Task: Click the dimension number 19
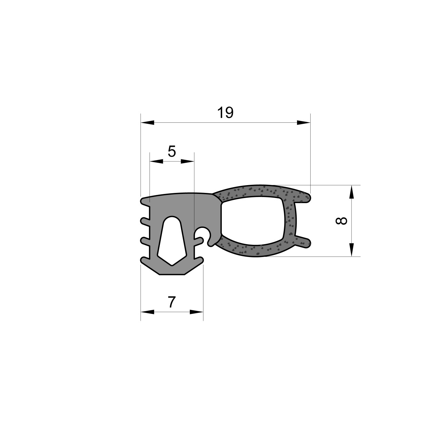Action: pyautogui.click(x=225, y=113)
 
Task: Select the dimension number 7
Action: pyautogui.click(x=172, y=302)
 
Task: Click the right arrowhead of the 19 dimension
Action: pyautogui.click(x=303, y=123)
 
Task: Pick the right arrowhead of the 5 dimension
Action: pyautogui.click(x=187, y=161)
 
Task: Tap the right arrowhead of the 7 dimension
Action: pyautogui.click(x=196, y=312)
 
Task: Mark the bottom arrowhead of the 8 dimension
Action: pyautogui.click(x=352, y=249)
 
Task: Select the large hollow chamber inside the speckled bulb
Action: pyautogui.click(x=253, y=220)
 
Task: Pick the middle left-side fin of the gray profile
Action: pyautogui.click(x=144, y=240)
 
